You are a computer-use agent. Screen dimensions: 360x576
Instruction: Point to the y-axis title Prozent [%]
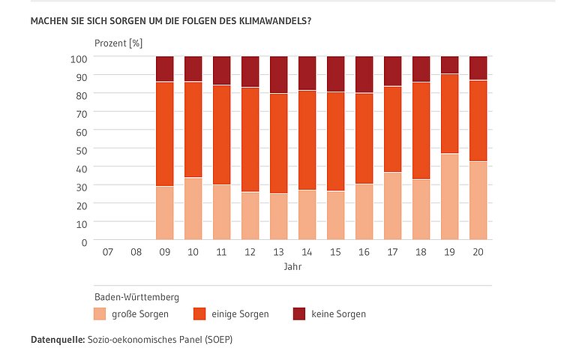118,43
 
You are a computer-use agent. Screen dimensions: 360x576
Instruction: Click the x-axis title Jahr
292,267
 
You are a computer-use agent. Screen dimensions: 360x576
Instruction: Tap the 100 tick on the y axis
79,58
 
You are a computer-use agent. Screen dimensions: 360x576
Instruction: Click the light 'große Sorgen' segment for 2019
449,197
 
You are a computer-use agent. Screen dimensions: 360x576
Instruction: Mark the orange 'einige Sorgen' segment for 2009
164,133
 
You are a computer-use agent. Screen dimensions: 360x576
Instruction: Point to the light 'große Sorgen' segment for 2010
193,209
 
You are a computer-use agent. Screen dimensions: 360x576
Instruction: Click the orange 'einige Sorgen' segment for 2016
364,138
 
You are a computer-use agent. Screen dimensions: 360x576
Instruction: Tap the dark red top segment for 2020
478,68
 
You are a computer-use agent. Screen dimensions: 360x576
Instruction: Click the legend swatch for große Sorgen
100,313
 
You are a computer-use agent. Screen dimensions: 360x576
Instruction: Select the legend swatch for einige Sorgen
200,313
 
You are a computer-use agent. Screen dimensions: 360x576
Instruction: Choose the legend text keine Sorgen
338,313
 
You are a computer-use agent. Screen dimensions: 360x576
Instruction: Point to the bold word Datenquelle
56,340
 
